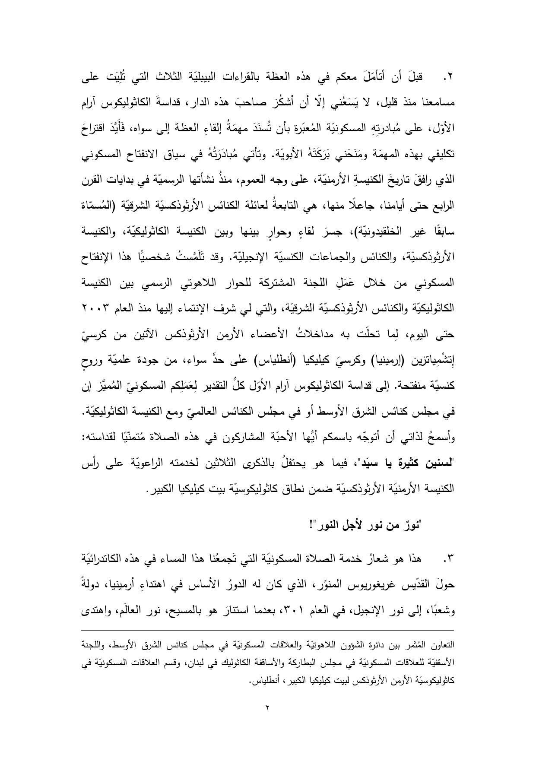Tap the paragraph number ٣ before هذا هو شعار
pos(449,560)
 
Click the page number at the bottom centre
pos(267,708)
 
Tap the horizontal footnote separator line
pos(268,630)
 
